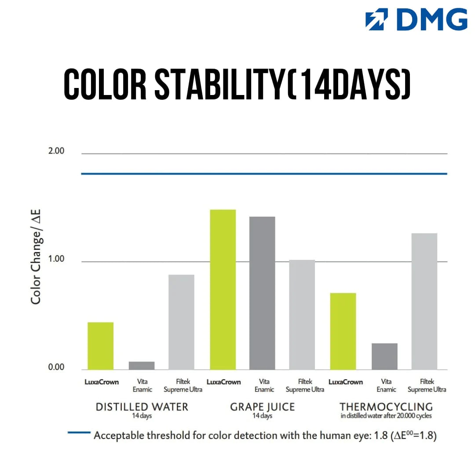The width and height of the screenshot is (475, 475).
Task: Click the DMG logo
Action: (x=416, y=20)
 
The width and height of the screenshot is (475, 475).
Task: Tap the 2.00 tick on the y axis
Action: (x=56, y=151)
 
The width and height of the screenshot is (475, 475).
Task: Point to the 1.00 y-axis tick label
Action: (x=56, y=259)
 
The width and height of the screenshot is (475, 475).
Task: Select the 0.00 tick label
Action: (x=56, y=367)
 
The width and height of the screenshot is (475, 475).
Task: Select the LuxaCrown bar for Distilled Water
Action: (x=101, y=346)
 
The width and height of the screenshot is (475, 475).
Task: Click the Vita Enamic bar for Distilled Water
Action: (x=142, y=365)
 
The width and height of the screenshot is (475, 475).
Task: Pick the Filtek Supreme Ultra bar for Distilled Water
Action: (x=181, y=322)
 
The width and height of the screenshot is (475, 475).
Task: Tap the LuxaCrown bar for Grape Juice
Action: (x=223, y=289)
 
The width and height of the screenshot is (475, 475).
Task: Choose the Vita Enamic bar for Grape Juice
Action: (x=262, y=293)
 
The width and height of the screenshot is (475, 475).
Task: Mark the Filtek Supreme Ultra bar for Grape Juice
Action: (x=302, y=314)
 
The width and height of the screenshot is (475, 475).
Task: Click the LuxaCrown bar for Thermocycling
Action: (x=343, y=331)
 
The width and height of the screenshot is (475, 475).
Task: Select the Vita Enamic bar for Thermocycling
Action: (x=384, y=356)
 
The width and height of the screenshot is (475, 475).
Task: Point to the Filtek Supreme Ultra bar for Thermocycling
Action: (x=424, y=301)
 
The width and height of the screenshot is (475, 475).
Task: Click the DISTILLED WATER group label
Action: (x=142, y=407)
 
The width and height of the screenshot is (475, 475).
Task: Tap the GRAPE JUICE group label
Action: (x=262, y=407)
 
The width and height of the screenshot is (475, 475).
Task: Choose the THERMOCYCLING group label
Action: (x=386, y=407)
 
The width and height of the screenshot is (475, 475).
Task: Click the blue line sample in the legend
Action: (x=79, y=432)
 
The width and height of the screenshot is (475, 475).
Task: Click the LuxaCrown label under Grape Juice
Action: (x=223, y=382)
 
